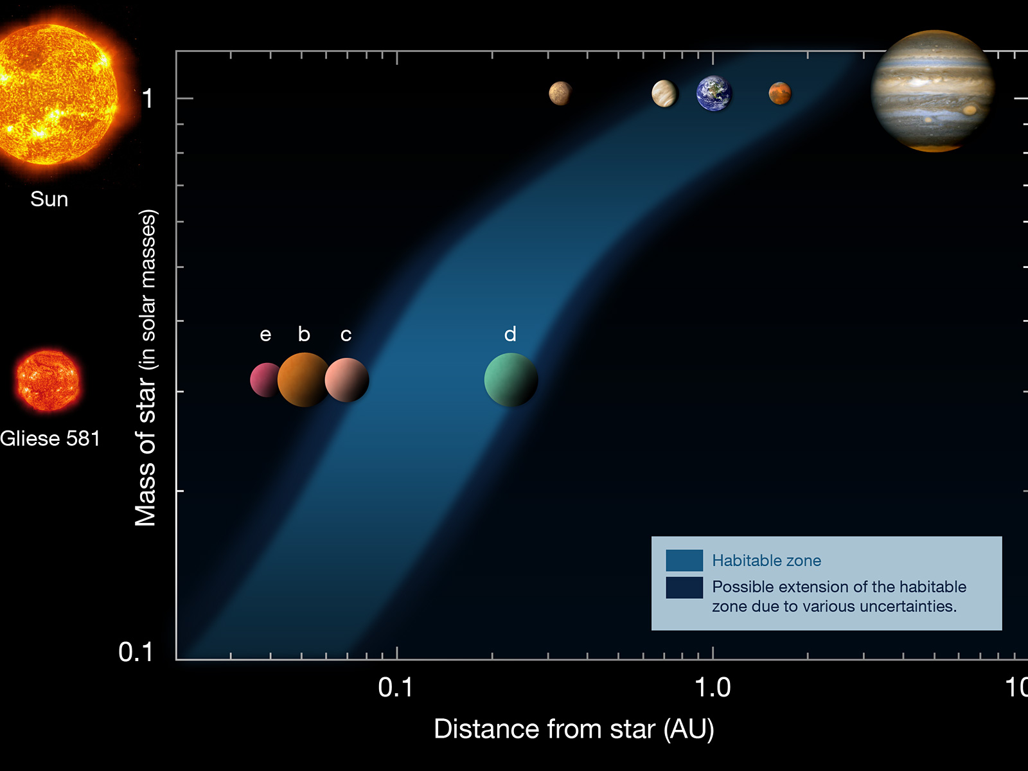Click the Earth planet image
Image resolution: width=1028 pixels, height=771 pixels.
click(714, 94)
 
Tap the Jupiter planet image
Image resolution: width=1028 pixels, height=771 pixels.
click(933, 91)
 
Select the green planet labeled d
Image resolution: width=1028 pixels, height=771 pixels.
click(511, 380)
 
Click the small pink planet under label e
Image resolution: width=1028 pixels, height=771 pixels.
click(265, 380)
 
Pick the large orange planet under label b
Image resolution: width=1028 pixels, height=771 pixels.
click(304, 380)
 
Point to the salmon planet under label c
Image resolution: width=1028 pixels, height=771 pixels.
click(347, 380)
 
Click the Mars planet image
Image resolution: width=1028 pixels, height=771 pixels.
click(780, 93)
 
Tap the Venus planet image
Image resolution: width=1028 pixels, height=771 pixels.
click(664, 94)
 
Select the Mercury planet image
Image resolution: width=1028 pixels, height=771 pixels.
click(561, 93)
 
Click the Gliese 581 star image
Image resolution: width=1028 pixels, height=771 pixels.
click(48, 380)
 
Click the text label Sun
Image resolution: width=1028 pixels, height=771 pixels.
click(49, 199)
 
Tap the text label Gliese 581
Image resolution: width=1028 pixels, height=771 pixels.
click(50, 439)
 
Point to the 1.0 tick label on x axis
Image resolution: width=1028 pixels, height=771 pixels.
click(713, 687)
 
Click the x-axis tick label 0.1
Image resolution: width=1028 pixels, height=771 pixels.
click(396, 687)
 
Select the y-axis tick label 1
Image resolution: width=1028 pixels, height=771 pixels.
click(148, 99)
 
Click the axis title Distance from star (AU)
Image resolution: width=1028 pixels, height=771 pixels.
click(574, 729)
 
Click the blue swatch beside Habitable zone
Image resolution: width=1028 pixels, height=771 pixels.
click(684, 560)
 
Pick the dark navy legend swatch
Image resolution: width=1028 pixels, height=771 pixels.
click(684, 587)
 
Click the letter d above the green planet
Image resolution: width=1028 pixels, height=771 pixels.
click(510, 334)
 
